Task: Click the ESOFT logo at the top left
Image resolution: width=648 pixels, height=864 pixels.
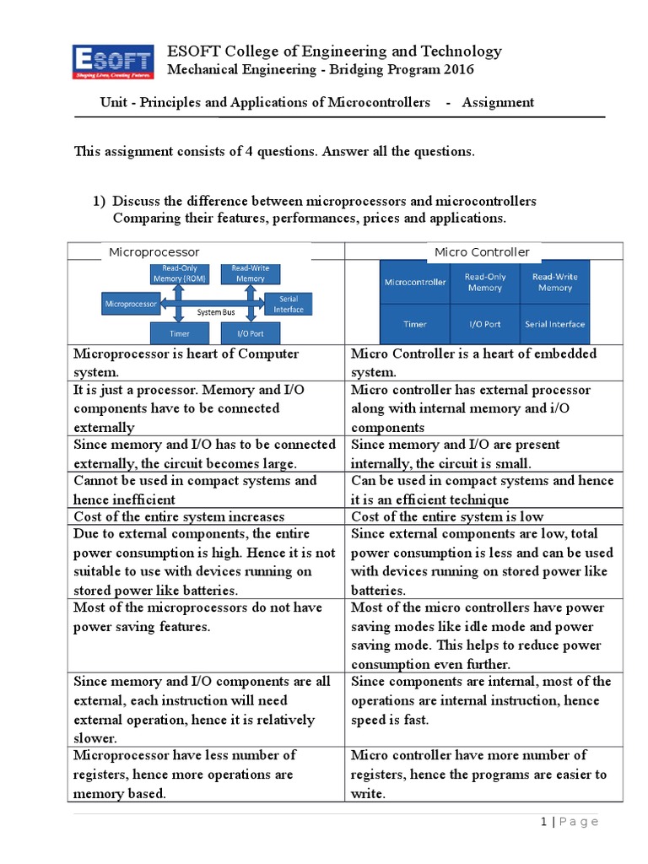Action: tap(113, 61)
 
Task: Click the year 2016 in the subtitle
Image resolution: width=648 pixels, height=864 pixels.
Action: tap(456, 69)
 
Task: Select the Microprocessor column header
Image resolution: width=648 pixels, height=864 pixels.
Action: tap(154, 252)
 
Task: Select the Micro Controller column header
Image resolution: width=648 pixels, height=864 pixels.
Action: tap(482, 252)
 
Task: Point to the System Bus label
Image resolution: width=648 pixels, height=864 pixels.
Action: tap(215, 312)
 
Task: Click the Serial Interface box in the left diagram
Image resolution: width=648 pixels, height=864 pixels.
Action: tap(288, 304)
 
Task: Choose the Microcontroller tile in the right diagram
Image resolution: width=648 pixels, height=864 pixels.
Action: tap(415, 283)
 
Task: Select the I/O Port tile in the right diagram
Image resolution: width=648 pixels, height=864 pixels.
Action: tap(485, 324)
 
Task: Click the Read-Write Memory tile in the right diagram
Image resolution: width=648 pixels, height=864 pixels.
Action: tap(554, 283)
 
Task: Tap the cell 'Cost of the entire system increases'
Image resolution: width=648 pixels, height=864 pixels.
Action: tap(179, 516)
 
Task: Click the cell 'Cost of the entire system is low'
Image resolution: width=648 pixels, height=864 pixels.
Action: tap(447, 516)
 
